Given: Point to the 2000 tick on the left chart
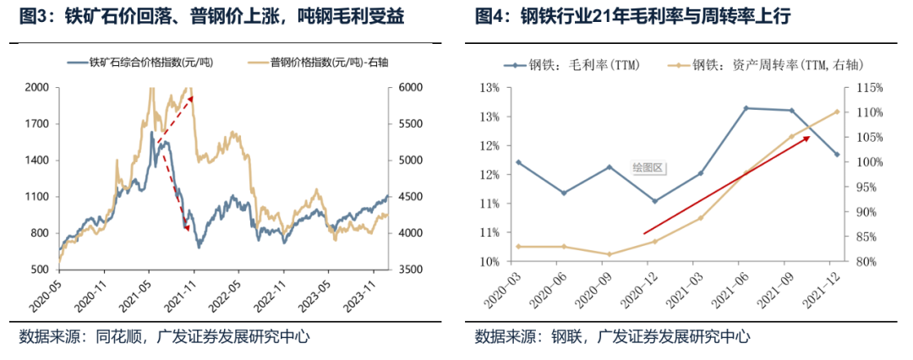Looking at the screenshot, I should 37,87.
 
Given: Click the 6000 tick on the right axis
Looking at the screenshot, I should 410,87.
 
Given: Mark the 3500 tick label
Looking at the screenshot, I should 410,270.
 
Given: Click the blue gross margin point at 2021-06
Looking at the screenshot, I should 746,108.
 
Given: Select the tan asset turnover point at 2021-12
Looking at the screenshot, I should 837,112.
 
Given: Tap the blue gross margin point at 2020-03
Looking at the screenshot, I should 518,162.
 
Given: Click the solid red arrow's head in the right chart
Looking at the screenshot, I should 807,136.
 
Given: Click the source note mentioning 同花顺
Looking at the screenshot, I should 164,336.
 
